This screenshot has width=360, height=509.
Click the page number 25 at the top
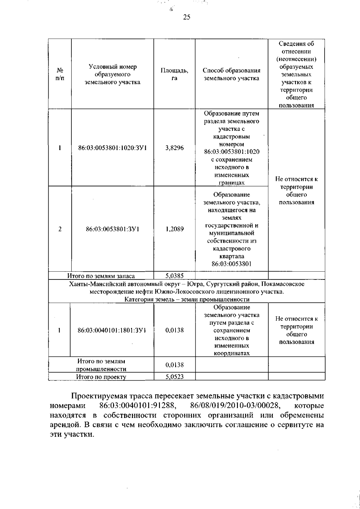(x=186, y=17)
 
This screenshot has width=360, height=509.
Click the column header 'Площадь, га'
(x=174, y=74)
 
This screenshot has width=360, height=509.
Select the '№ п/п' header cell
(x=60, y=74)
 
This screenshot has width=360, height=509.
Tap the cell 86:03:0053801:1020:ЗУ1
(x=112, y=148)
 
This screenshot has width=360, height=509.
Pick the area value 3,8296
(x=174, y=148)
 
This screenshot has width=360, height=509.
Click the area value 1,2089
(x=174, y=229)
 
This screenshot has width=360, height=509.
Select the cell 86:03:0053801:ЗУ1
(x=112, y=229)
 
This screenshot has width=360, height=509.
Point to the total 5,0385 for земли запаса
(x=174, y=276)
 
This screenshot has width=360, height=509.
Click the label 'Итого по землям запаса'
(x=101, y=276)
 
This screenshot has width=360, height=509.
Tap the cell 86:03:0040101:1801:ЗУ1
(x=112, y=330)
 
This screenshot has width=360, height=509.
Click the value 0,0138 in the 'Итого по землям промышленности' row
(x=174, y=365)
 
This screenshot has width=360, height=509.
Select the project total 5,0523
(x=174, y=377)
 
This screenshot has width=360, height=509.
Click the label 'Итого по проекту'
(x=101, y=377)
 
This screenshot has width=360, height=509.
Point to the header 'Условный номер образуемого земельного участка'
(x=112, y=74)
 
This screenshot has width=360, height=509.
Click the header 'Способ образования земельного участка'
(x=231, y=74)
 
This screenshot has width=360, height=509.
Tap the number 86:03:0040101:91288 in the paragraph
(x=137, y=406)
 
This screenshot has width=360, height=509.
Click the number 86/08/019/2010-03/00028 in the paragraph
(x=235, y=406)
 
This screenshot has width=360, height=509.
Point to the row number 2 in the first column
(x=60, y=229)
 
